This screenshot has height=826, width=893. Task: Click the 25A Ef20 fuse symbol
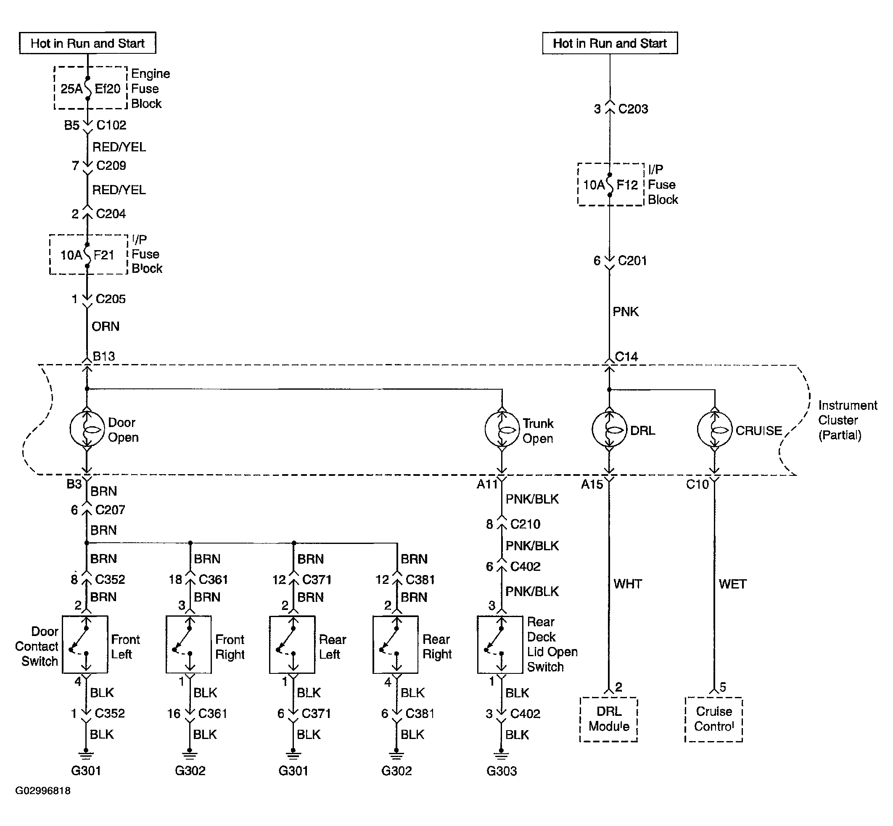coord(87,89)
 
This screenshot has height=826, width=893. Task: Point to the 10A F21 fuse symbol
coord(87,255)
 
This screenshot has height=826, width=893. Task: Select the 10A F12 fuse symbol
coord(610,185)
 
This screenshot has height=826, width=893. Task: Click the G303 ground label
coord(502,771)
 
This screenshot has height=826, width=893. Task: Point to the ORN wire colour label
coord(106,326)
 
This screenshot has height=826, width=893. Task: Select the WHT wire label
coord(628,584)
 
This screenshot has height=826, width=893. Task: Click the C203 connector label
coord(633,108)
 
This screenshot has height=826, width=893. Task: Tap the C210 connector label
coord(525,524)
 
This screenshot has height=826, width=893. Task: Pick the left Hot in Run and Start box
coord(87,43)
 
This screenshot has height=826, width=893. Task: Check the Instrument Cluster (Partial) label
coord(848,420)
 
